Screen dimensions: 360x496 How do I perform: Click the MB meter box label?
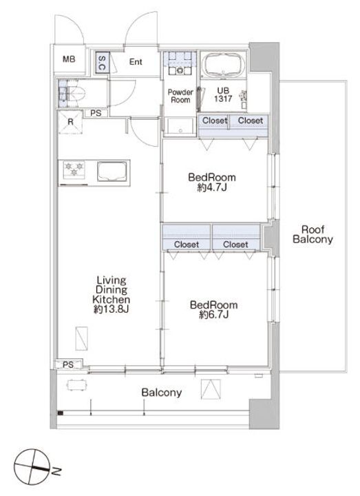(x=69, y=59)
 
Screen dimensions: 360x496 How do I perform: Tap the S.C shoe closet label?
(x=102, y=63)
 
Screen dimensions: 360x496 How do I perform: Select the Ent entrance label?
(x=136, y=62)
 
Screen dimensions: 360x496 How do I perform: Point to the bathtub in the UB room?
(x=223, y=65)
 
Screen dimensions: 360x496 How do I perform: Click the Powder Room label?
(x=180, y=96)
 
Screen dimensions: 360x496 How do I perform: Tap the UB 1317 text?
(x=223, y=95)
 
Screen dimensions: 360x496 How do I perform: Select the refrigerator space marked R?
(x=70, y=122)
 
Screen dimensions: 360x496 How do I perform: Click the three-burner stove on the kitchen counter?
(x=74, y=169)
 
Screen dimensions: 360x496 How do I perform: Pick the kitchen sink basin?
(x=112, y=171)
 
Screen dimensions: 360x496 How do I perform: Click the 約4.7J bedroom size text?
(x=212, y=188)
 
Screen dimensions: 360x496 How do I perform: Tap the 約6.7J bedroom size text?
(x=214, y=315)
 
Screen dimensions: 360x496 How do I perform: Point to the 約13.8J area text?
(x=111, y=309)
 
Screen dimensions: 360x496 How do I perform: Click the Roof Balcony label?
(x=313, y=234)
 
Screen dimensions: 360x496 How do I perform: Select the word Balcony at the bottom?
(x=162, y=393)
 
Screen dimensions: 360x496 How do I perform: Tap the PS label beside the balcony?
(x=68, y=364)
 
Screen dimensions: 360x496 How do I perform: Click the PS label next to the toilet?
(x=96, y=113)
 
